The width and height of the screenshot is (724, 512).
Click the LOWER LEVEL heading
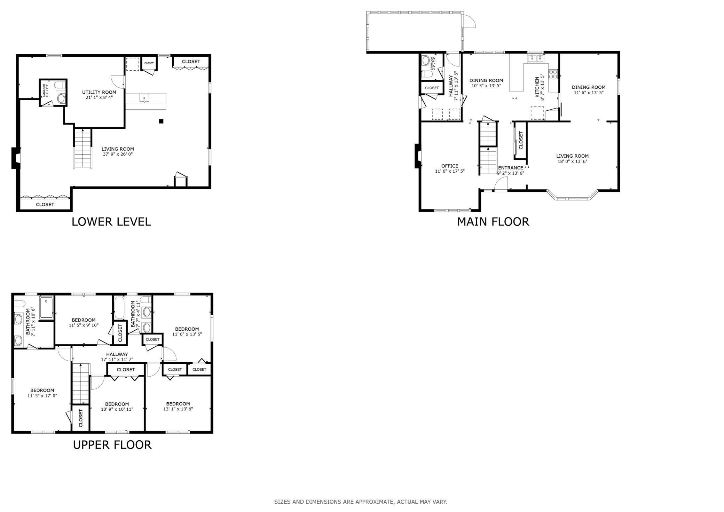[111, 222]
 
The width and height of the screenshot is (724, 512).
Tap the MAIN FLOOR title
[493, 222]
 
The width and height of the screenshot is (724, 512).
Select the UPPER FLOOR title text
[112, 445]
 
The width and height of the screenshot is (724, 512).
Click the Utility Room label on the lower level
[99, 92]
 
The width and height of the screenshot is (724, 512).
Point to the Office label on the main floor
[450, 166]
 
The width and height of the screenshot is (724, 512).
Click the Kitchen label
[537, 87]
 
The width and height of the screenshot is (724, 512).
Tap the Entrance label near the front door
[511, 168]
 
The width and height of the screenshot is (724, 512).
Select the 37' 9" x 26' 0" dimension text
[118, 154]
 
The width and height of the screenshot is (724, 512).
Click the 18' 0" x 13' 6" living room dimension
[572, 162]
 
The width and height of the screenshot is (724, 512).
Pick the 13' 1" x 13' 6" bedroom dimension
[178, 409]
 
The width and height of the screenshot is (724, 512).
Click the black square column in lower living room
[161, 121]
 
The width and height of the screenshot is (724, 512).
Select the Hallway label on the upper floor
[117, 354]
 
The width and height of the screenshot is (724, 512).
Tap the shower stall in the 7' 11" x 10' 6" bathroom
[46, 307]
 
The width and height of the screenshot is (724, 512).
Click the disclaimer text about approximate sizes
[361, 502]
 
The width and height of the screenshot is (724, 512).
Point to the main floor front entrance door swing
[501, 184]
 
